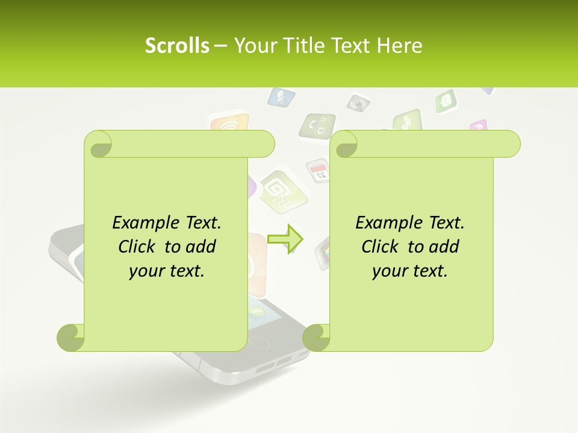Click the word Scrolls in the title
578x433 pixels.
tap(177, 46)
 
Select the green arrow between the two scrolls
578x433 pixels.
tap(285, 239)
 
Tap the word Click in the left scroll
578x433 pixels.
tap(138, 247)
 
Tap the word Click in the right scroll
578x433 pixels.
tap(382, 247)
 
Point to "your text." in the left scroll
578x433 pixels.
tap(167, 271)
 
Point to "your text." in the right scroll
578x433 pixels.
tap(410, 271)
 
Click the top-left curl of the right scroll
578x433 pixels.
tap(345, 145)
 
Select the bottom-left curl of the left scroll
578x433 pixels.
tap(70, 337)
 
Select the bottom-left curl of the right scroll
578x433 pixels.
tap(316, 337)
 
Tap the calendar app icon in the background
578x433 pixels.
tap(318, 170)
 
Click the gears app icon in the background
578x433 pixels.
tap(318, 126)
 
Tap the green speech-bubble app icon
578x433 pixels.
tap(446, 101)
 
